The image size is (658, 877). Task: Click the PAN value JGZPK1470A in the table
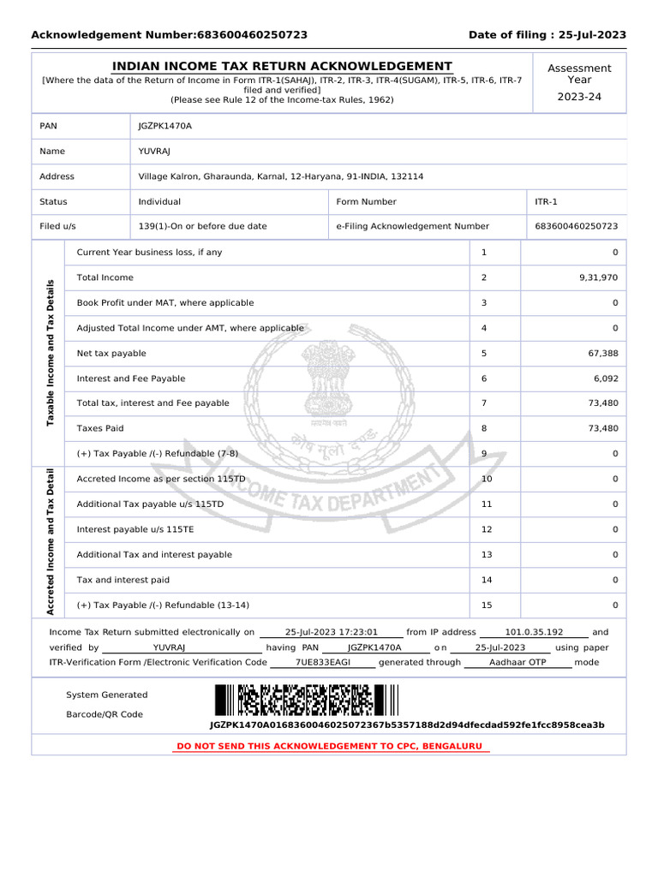coord(165,126)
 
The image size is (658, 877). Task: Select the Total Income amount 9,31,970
coord(598,277)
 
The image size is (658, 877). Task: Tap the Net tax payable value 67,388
coord(602,353)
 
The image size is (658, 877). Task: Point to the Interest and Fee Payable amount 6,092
coord(605,379)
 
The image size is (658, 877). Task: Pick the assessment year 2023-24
coord(579,97)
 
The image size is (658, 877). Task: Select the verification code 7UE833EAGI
coord(323,662)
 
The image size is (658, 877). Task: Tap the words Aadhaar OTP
coord(517,662)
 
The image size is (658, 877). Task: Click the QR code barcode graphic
coord(306,701)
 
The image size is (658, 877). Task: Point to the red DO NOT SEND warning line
coord(329,747)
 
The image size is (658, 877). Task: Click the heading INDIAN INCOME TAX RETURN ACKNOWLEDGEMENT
coord(282,67)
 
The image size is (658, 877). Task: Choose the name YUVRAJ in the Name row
coord(155,152)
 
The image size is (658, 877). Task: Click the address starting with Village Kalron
coord(280,176)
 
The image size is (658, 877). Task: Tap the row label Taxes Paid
coord(100,428)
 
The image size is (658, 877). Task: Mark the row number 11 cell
coord(487,504)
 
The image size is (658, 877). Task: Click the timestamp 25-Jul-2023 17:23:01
coord(331,632)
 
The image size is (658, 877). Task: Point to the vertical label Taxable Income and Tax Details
coord(51,351)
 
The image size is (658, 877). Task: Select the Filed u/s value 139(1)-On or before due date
coord(202,227)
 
